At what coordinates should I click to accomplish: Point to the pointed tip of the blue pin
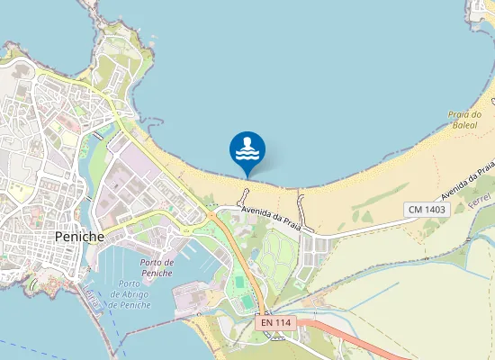point(247,175)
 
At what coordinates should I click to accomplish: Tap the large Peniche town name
point(80,236)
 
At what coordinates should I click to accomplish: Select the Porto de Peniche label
point(157,267)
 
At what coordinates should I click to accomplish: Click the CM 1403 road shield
point(426,209)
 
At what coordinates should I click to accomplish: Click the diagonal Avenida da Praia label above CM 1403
point(469,181)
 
